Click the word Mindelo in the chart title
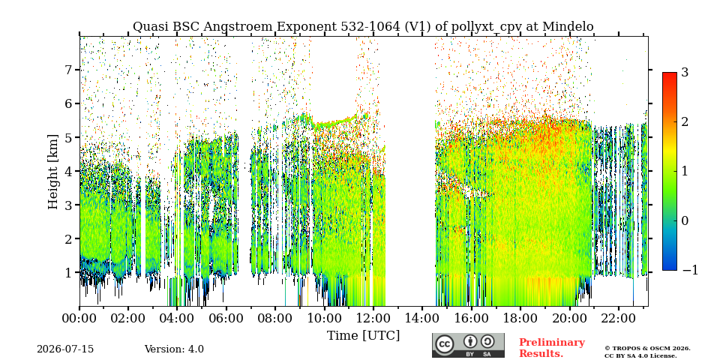[x=568, y=27]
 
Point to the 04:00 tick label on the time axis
[x=177, y=318]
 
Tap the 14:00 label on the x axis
[x=421, y=318]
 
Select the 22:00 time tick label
[x=617, y=318]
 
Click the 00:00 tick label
[x=79, y=318]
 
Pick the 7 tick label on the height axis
[x=70, y=70]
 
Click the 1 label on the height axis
[x=70, y=273]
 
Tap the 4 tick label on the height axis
[x=70, y=171]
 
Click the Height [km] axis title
[x=53, y=172]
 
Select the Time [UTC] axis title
[x=363, y=336]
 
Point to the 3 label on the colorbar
[x=685, y=72]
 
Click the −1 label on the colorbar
[x=690, y=270]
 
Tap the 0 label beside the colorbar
[x=685, y=220]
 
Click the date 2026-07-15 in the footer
[x=65, y=349]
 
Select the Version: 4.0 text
[x=174, y=349]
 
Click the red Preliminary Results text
[x=552, y=348]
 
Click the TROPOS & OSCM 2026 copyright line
[x=647, y=349]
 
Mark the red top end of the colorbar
[x=670, y=73]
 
